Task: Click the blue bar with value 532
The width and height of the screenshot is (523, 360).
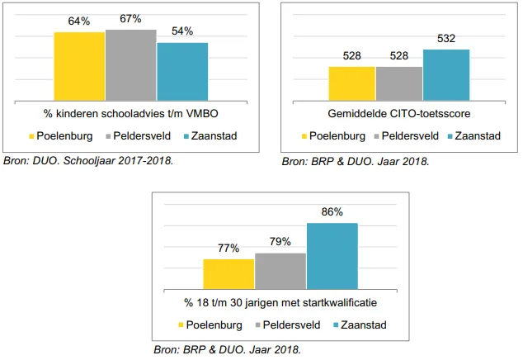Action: tap(446, 74)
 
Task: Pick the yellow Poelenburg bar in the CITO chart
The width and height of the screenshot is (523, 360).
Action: tap(352, 83)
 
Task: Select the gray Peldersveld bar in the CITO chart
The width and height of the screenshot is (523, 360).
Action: tap(399, 83)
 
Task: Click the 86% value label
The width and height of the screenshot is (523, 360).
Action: tap(332, 213)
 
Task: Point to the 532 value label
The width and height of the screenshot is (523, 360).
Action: tap(446, 39)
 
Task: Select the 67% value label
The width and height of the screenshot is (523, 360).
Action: tap(130, 19)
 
